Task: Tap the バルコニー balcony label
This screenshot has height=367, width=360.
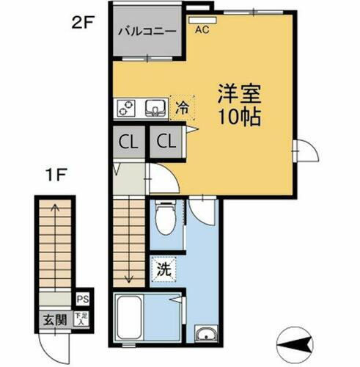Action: [x=147, y=32]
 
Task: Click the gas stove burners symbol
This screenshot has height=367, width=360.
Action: [x=126, y=109]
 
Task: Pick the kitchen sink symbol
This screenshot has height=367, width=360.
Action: [x=155, y=109]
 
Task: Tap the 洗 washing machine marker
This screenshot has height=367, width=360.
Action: [x=164, y=269]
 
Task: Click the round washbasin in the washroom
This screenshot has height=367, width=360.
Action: [x=205, y=335]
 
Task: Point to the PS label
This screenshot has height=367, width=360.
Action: [x=83, y=299]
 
